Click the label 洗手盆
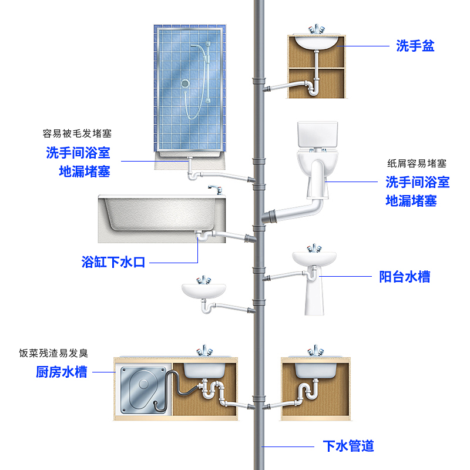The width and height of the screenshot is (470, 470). [x=415, y=46]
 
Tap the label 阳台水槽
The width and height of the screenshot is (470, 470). [x=404, y=277]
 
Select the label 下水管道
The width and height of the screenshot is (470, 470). [x=348, y=446]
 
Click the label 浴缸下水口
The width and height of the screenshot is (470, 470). [x=113, y=262]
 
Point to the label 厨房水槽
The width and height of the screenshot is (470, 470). [x=62, y=371]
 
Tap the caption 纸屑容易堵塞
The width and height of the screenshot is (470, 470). [x=417, y=163]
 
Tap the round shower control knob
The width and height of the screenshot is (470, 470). [x=186, y=84]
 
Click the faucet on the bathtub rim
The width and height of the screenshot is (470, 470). [x=215, y=189]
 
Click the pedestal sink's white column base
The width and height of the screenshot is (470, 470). [x=314, y=297]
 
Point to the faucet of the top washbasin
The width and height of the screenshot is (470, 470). [x=317, y=29]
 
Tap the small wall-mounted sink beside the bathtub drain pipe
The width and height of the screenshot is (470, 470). [x=203, y=290]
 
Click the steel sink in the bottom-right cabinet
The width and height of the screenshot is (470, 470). [x=316, y=368]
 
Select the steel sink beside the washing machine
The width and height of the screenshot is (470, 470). [x=204, y=368]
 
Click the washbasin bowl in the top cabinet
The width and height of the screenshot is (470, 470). [x=316, y=42]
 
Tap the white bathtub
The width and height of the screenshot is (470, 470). [x=159, y=218]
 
